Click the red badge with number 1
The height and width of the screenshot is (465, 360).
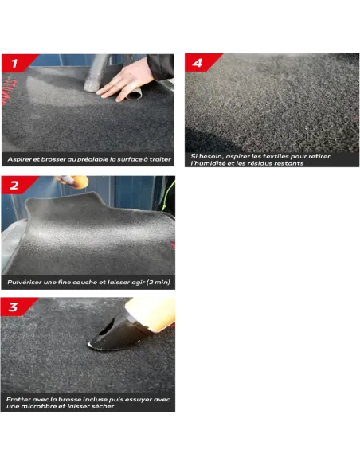16,63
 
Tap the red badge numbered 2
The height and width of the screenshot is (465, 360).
16,185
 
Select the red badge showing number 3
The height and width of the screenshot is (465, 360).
15,307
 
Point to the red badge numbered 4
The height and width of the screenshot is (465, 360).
200,63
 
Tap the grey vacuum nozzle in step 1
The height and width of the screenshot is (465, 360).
96,73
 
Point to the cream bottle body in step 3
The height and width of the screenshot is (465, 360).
151,314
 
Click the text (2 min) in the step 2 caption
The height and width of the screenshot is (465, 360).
158,283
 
